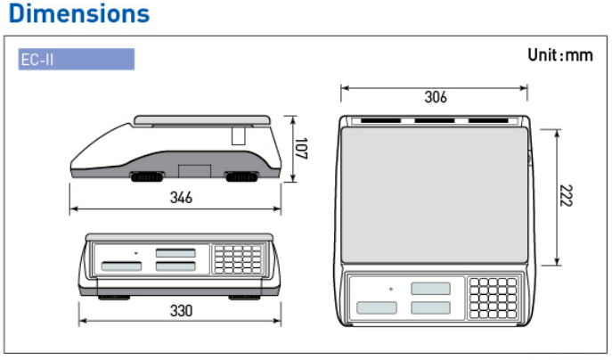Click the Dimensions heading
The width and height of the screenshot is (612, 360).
click(x=79, y=14)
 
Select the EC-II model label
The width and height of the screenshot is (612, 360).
click(x=37, y=60)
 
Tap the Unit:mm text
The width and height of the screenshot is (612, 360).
click(x=560, y=55)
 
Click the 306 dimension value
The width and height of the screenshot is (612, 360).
click(x=436, y=97)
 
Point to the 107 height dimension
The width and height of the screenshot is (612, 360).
click(x=300, y=149)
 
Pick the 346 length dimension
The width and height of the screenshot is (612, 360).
click(x=181, y=198)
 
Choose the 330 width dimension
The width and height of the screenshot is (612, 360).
click(x=181, y=311)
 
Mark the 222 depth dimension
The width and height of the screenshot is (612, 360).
click(x=566, y=196)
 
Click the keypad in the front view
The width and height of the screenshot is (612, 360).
click(x=238, y=259)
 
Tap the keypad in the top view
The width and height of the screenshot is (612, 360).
click(x=493, y=298)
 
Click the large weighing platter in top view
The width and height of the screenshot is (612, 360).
click(x=435, y=195)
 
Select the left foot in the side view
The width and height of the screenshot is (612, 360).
click(x=147, y=177)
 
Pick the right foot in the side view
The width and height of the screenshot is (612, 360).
click(x=242, y=177)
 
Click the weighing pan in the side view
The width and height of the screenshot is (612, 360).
click(x=202, y=120)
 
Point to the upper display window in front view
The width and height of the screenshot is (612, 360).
click(x=175, y=253)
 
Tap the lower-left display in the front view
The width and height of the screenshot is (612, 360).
click(x=121, y=266)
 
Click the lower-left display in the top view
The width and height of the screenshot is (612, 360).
click(x=377, y=307)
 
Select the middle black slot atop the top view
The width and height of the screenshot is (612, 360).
click(x=435, y=120)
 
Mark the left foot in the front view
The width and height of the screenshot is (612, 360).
click(x=113, y=298)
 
